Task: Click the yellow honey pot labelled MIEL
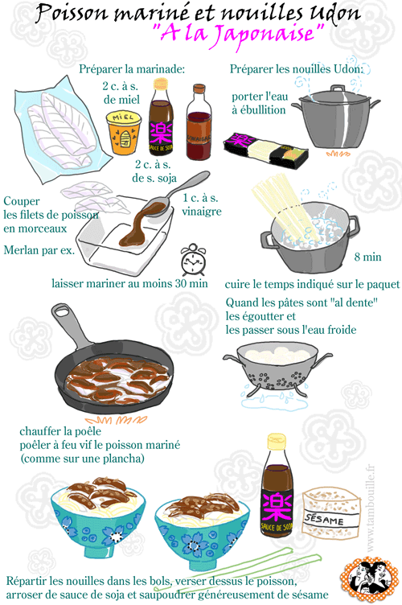[x=123, y=132]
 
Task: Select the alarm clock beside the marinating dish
[x=194, y=260]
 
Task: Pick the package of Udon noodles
[x=266, y=150]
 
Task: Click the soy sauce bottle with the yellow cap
[x=277, y=485]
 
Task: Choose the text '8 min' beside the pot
[x=367, y=257]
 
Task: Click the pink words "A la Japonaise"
[x=239, y=34]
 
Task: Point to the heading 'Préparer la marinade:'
[x=132, y=69]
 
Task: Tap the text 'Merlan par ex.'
[x=39, y=250]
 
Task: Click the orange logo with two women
[x=369, y=580]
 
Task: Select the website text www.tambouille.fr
[x=370, y=508]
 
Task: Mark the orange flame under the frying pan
[x=116, y=420]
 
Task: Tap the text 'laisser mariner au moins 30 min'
[x=129, y=283]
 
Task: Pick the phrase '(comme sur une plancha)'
[x=82, y=459]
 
